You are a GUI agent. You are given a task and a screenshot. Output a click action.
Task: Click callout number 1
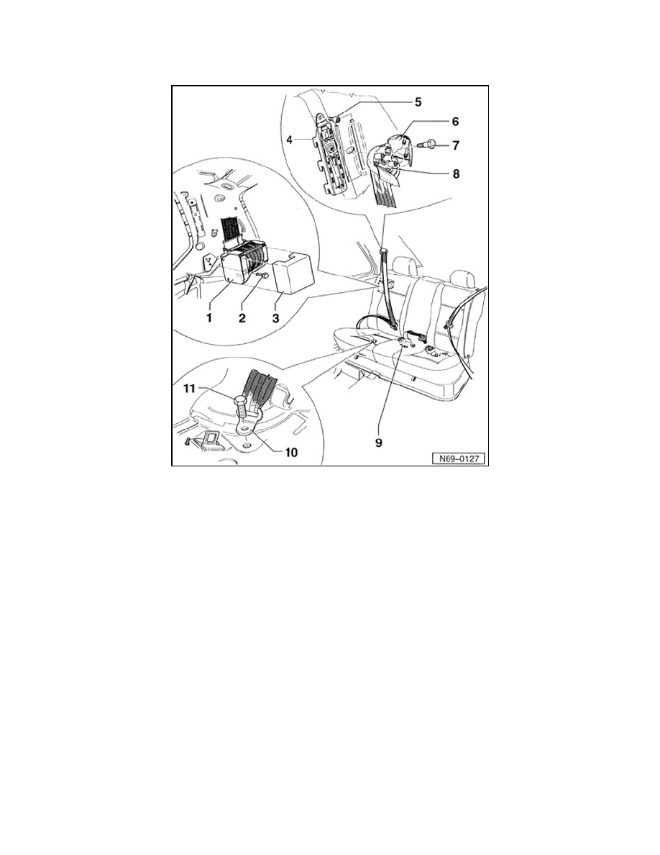pos(208,318)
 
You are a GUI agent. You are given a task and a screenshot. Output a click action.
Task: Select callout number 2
pos(242,318)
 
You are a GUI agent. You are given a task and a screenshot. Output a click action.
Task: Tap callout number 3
pos(275,318)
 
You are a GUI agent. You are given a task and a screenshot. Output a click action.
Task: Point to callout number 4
pos(290,140)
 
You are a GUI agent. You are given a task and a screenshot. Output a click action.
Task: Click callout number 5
pos(418,102)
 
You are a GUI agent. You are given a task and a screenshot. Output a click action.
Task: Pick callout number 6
pos(455,121)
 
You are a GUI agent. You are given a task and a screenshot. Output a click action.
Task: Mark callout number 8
pos(456,174)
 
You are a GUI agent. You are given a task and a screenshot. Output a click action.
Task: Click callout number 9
pos(378,442)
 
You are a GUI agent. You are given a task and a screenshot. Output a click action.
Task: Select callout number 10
pos(291,453)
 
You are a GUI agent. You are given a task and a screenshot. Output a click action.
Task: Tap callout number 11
pos(188,389)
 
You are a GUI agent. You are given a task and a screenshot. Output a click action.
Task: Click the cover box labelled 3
pos(295,271)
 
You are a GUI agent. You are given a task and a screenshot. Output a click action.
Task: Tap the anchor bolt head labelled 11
pos(240,403)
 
